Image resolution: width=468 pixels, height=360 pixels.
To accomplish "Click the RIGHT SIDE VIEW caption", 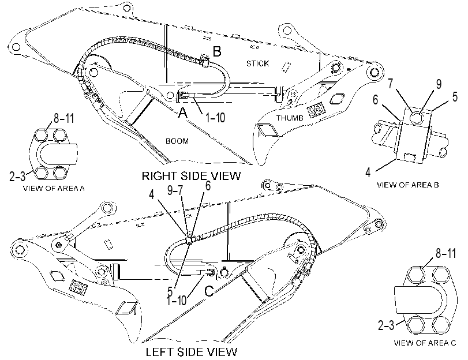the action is (191, 176).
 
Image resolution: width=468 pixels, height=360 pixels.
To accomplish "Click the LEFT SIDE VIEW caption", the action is (192, 352).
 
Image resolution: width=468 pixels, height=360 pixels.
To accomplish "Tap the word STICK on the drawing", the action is (257, 63).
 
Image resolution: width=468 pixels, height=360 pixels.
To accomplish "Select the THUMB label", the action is (290, 118).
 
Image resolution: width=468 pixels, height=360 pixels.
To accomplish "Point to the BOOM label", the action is (177, 141).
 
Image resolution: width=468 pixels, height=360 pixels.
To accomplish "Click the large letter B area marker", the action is (217, 51).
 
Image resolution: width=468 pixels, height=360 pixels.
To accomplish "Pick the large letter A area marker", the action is (183, 113).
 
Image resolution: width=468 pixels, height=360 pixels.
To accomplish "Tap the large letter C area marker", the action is (209, 291).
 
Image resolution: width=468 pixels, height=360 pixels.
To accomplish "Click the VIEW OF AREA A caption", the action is (54, 188).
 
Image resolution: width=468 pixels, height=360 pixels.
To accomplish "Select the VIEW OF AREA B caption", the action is (408, 185).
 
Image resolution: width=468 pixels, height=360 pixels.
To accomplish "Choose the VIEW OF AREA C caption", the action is (425, 343).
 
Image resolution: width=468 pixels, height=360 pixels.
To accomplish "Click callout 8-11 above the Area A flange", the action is (63, 118).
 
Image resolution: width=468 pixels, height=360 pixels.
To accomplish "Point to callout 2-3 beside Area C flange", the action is (386, 325).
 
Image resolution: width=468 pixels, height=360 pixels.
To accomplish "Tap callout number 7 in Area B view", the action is (392, 84).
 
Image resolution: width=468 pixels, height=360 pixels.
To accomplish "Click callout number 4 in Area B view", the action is (368, 172).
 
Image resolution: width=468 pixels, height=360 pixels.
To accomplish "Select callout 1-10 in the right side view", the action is (215, 118).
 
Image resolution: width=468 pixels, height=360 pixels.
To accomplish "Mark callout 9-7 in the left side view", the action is (175, 191).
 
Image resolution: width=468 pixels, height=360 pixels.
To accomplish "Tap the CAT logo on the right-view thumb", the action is (316, 111).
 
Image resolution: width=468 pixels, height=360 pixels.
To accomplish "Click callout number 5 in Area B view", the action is (455, 97).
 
